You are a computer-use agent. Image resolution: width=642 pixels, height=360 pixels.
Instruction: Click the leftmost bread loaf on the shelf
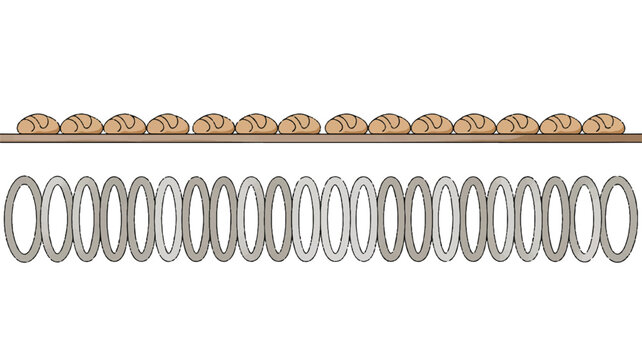(x=38, y=123)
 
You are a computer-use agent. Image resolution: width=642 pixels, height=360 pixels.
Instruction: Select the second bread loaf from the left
(x=80, y=123)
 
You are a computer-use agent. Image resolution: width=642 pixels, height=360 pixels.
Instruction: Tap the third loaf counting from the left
(x=124, y=123)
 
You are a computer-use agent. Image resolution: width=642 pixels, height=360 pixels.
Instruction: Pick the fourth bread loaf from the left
(x=167, y=123)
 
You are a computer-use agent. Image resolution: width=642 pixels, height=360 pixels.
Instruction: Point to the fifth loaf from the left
(x=214, y=123)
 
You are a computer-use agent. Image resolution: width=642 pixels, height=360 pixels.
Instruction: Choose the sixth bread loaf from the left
(x=255, y=123)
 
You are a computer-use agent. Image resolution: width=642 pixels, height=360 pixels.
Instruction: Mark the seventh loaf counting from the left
(x=299, y=123)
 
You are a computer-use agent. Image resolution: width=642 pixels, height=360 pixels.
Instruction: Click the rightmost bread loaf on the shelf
(x=602, y=123)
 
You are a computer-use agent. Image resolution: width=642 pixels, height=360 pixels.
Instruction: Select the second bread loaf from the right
(x=560, y=123)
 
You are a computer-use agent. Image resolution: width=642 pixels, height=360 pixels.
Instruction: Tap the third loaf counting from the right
(x=518, y=123)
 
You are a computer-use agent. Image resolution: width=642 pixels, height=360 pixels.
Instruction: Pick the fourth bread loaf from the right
(x=474, y=123)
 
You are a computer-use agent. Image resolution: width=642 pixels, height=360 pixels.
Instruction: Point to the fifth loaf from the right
(x=431, y=123)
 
